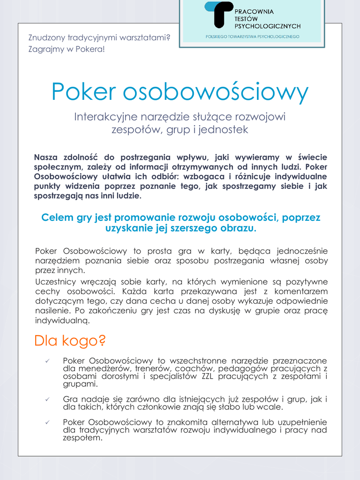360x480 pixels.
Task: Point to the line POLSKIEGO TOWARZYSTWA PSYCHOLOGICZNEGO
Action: click(252, 36)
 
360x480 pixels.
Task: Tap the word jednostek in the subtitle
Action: click(223, 129)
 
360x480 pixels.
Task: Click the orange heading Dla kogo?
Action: click(70, 341)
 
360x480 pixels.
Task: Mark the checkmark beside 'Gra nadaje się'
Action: click(47, 399)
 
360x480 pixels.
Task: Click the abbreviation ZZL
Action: click(207, 376)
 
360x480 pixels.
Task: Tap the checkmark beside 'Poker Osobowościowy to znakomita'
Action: click(47, 422)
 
